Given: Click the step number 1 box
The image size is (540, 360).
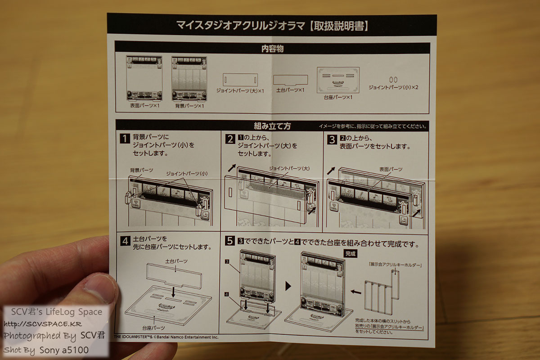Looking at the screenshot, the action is pos(125,139).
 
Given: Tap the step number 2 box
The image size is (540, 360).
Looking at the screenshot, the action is pos(230,139).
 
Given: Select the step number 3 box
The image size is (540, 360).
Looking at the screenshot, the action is pos(332,139).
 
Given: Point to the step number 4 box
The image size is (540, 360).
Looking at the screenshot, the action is pos(126,240).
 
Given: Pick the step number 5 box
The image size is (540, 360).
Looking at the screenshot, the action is pos(230,241).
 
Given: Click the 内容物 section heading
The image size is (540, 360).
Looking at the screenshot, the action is pos(272,48).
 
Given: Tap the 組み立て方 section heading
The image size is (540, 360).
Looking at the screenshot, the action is pos(272,126).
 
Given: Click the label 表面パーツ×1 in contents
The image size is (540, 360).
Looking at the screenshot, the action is pos(144,105).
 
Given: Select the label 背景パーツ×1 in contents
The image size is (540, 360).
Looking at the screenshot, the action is pos(189,106).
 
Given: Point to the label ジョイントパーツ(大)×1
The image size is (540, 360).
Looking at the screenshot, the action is pos(240,91).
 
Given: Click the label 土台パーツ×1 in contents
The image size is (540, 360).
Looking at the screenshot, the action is pos(290,90).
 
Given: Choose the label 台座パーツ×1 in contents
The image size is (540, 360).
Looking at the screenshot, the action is pos(338,97).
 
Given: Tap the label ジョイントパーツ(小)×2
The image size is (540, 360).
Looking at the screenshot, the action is pos(393,87).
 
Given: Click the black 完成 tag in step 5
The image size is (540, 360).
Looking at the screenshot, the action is pos(350,254).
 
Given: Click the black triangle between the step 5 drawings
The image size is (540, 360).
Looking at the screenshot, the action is pos(288,286).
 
